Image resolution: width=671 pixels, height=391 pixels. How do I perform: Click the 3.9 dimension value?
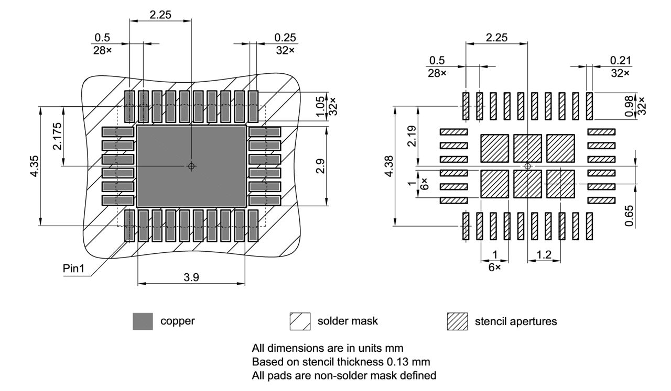pos(191,278)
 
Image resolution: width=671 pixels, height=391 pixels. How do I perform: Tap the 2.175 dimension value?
pos(57,136)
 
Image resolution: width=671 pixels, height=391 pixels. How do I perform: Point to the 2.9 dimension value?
pos(320,166)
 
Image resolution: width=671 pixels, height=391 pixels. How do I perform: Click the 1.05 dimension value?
pos(320,106)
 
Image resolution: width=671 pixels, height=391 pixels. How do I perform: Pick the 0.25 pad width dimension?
pos(285,38)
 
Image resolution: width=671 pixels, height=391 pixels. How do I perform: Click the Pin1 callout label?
pos(73,269)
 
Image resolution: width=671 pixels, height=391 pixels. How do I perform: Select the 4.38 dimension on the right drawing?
pos(388,166)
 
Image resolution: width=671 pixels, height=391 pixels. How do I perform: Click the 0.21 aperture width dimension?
pos(621,61)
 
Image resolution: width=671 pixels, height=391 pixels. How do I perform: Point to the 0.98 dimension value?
pos(630,106)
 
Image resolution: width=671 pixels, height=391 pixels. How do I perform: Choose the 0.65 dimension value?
pos(629,216)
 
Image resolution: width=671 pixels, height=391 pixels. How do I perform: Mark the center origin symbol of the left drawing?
pos(191,166)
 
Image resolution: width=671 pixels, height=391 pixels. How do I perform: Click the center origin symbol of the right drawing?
pos(527,166)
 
